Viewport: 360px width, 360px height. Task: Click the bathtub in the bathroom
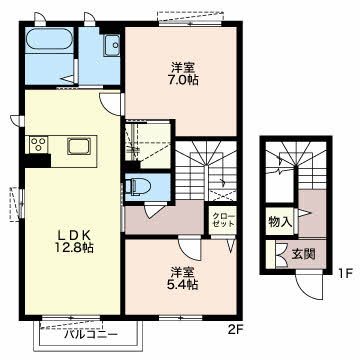(49, 40)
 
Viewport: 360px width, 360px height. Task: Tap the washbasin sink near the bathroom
(112, 45)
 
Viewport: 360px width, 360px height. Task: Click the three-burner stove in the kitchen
(38, 145)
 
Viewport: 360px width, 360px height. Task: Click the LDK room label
(75, 235)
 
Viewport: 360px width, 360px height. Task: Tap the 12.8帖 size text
(75, 248)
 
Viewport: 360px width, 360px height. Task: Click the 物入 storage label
(280, 221)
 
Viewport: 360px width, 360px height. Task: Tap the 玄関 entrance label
(304, 254)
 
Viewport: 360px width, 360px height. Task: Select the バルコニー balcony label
(91, 334)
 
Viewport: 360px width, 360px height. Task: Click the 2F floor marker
(236, 330)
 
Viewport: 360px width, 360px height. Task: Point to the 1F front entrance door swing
(309, 286)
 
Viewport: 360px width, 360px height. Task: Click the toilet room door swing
(155, 210)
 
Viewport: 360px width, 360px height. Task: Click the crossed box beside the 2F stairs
(223, 195)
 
